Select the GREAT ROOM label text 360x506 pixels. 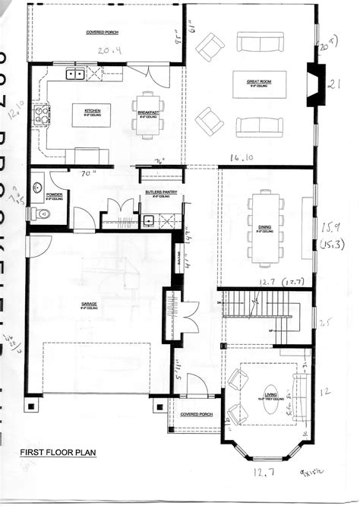coord(259,81)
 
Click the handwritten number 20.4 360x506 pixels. coord(112,51)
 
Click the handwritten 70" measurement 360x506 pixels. coord(90,174)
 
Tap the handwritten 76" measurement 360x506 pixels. coord(160,161)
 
